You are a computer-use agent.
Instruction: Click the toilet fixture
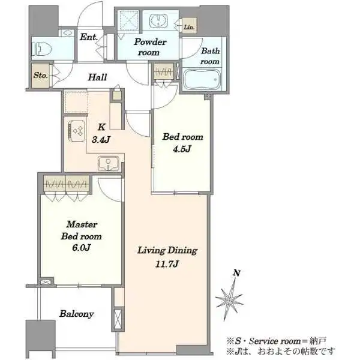[42, 49]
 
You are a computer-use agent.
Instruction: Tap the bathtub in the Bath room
[202, 79]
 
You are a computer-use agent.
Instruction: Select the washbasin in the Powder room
[158, 20]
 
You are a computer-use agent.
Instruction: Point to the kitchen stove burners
[77, 131]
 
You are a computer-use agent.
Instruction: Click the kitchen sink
[109, 163]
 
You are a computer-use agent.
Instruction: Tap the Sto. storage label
[41, 75]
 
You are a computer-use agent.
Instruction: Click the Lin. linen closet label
[189, 27]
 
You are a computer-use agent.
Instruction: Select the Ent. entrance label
[89, 37]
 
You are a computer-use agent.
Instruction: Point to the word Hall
[98, 77]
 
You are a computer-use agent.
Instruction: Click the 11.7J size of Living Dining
[167, 264]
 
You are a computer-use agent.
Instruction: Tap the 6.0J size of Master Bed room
[82, 247]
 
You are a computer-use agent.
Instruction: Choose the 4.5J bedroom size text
[182, 149]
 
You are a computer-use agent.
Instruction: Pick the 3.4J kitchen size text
[101, 139]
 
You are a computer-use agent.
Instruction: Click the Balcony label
[77, 314]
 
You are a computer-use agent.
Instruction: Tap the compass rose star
[230, 298]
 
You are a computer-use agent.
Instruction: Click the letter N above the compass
[237, 273]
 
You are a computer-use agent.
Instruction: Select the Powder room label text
[150, 47]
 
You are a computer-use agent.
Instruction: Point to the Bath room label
[211, 56]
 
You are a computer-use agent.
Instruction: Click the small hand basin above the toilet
[67, 32]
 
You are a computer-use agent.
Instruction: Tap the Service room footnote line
[277, 341]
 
